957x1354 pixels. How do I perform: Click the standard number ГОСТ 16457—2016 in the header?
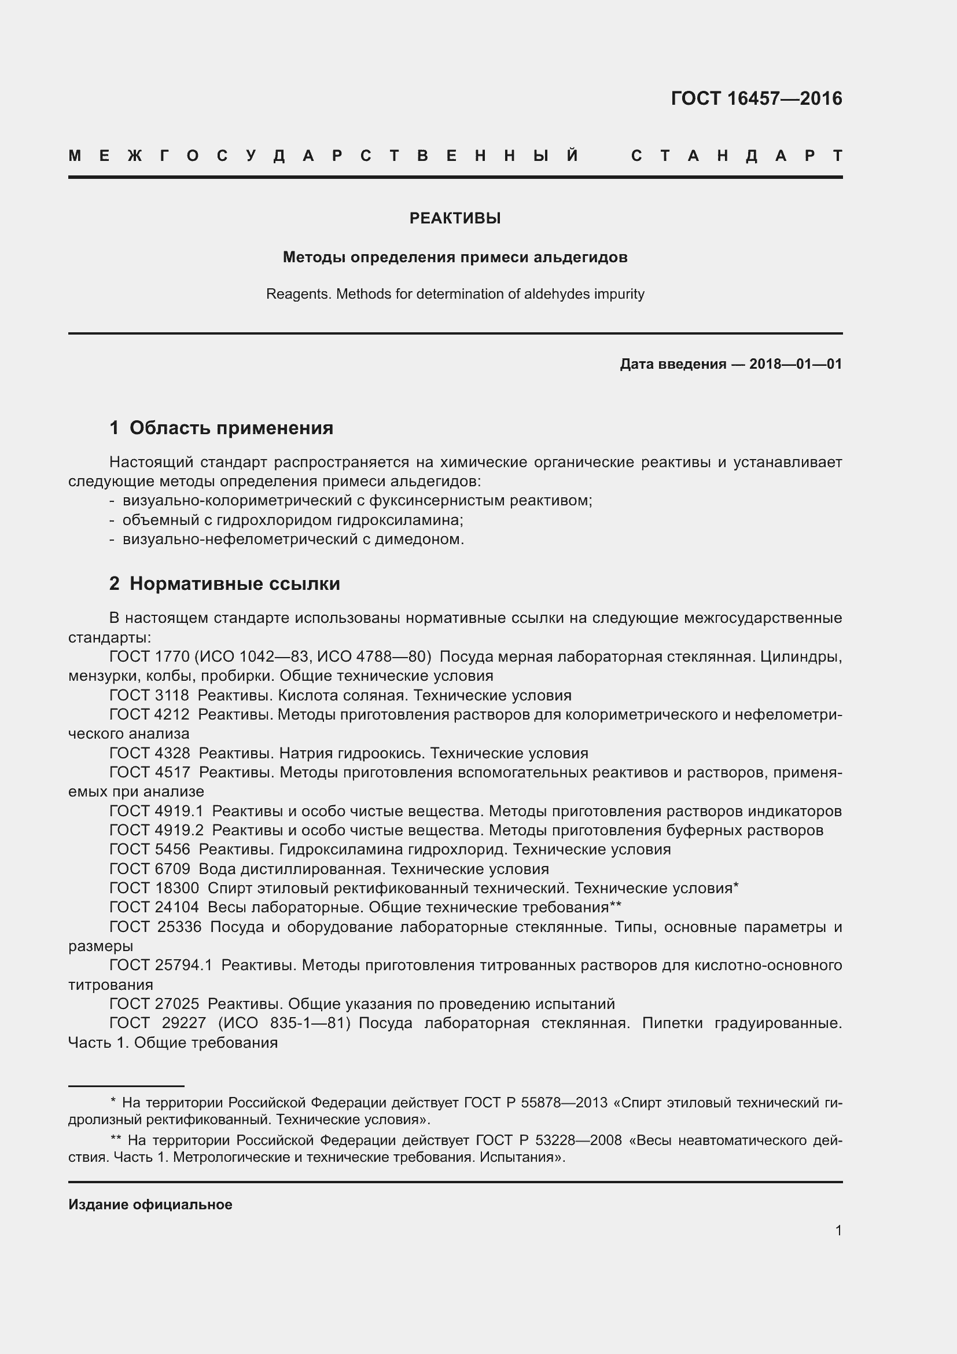756,98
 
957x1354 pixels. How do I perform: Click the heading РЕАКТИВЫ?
455,218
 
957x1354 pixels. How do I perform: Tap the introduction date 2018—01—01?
796,364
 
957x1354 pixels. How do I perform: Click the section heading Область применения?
231,428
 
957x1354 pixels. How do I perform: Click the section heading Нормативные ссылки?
234,584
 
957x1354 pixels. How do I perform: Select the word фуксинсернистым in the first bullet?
437,500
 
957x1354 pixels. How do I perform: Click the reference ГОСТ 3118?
149,695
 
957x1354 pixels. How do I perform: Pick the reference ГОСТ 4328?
150,753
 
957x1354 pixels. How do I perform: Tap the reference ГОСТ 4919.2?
156,830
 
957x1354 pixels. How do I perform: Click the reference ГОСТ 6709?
150,869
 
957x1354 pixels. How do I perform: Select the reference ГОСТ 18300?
154,888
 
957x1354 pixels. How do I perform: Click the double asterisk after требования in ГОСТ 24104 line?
616,906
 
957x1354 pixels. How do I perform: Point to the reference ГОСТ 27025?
154,1004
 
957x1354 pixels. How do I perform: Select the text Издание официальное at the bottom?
150,1204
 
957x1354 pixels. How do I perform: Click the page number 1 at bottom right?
838,1230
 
